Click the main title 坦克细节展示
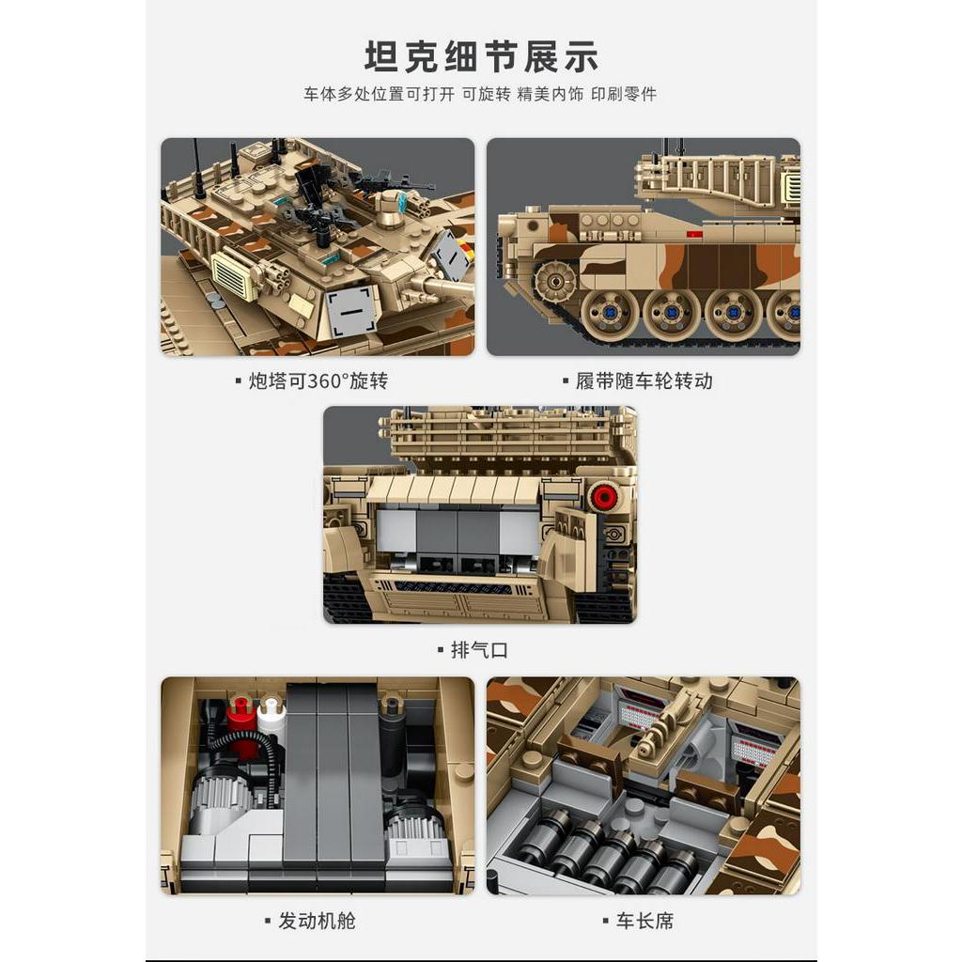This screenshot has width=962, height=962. (x=480, y=56)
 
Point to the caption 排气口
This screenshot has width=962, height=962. (x=479, y=650)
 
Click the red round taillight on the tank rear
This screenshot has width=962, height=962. (x=602, y=496)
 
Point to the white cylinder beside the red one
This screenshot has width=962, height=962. (x=272, y=718)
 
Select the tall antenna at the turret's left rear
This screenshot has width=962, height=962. (x=197, y=169)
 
